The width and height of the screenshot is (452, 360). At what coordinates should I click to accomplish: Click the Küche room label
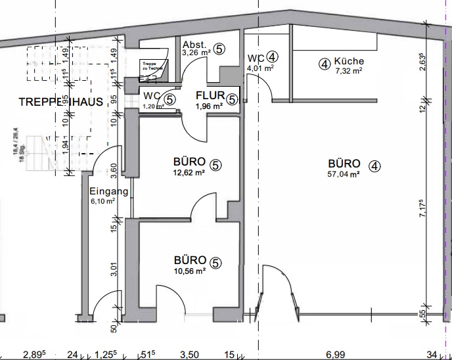[x=348, y=61]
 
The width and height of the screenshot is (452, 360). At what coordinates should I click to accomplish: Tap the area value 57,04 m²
[x=343, y=175]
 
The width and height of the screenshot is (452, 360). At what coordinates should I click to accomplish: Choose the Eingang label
[x=108, y=192]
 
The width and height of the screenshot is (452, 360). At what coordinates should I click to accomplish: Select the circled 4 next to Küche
[x=324, y=64]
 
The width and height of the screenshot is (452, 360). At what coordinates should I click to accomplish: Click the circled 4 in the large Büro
[x=374, y=166]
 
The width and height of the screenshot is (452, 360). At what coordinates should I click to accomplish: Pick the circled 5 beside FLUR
[x=233, y=99]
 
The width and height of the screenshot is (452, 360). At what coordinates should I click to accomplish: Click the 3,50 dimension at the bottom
[x=189, y=354]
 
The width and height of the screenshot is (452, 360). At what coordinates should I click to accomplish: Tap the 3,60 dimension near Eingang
[x=114, y=171]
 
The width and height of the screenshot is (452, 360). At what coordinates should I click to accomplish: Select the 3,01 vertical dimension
[x=114, y=269]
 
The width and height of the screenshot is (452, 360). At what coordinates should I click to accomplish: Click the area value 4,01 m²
[x=258, y=67]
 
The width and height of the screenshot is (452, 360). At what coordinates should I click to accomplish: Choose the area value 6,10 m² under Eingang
[x=104, y=201]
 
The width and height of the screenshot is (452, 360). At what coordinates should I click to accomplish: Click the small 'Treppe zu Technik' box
[x=154, y=66]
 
